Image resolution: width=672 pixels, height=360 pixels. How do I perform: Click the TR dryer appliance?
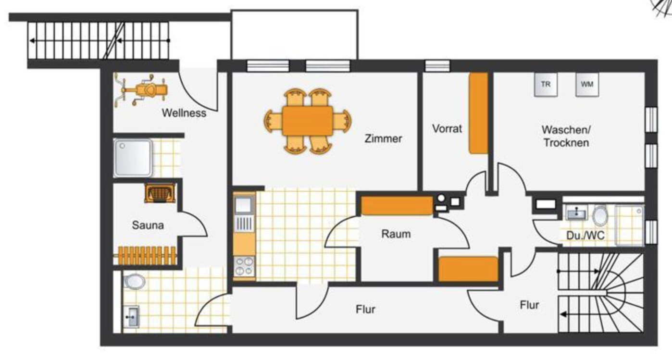546,85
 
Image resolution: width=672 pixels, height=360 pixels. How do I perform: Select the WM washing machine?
587,85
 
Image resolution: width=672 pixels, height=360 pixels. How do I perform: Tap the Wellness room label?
184,113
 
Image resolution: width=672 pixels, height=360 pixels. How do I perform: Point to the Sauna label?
148,225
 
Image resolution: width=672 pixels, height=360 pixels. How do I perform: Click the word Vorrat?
447,129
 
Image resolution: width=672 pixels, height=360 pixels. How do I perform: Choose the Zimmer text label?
383,138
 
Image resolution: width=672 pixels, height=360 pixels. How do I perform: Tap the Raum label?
396,234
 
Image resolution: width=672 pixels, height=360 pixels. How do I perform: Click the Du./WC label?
585,236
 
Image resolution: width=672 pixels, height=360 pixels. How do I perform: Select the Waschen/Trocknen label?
566,136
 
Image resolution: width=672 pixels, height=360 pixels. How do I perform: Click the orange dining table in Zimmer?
307,121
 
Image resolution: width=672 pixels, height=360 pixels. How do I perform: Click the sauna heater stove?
160,193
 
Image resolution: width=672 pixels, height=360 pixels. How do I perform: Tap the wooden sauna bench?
146,256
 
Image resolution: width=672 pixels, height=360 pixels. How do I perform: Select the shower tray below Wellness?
133,158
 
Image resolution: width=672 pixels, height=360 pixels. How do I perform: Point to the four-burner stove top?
244,266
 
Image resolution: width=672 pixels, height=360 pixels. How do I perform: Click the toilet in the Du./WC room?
600,215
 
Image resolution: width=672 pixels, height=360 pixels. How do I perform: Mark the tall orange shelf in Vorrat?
478,113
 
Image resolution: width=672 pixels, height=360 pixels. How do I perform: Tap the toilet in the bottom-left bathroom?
135,281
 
